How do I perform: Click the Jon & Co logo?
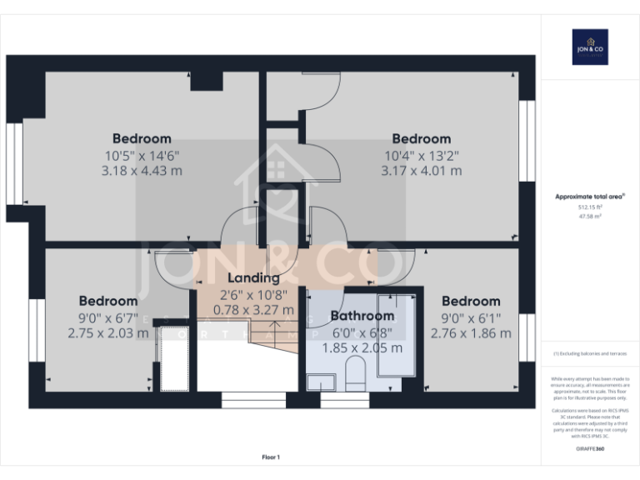pos(589,47)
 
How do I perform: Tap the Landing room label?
pos(254,278)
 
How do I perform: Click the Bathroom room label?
pos(362,316)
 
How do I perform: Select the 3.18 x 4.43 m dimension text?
pos(142,171)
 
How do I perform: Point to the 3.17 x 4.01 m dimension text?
pos(421,171)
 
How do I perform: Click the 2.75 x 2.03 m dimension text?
pos(108,332)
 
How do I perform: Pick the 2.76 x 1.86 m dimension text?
pos(471,332)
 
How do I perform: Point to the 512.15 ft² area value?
pos(590,207)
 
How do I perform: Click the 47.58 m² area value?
pos(590,216)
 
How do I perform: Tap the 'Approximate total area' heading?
pos(590,197)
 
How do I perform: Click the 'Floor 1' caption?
pos(271,457)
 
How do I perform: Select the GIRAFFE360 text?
pos(590,449)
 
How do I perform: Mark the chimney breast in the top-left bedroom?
pos(207,81)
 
